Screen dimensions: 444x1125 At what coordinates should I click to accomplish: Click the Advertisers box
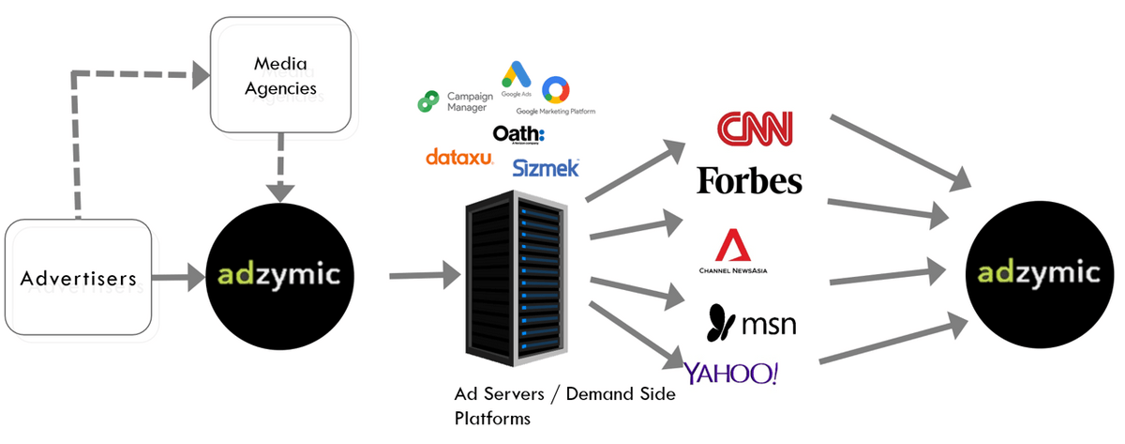(x=80, y=278)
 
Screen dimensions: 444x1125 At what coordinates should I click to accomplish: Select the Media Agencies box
(x=281, y=78)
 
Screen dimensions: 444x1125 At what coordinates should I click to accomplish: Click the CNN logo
(x=754, y=130)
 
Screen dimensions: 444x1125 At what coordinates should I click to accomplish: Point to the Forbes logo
(x=749, y=180)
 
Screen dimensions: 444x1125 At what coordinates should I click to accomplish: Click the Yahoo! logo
(x=731, y=373)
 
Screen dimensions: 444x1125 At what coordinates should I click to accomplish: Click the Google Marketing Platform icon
(x=555, y=90)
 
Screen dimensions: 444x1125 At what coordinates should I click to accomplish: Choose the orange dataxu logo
(x=459, y=158)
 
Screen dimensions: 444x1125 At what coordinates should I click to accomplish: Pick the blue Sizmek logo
(x=546, y=168)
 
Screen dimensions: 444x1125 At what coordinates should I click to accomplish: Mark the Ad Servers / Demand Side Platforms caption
(x=563, y=406)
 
